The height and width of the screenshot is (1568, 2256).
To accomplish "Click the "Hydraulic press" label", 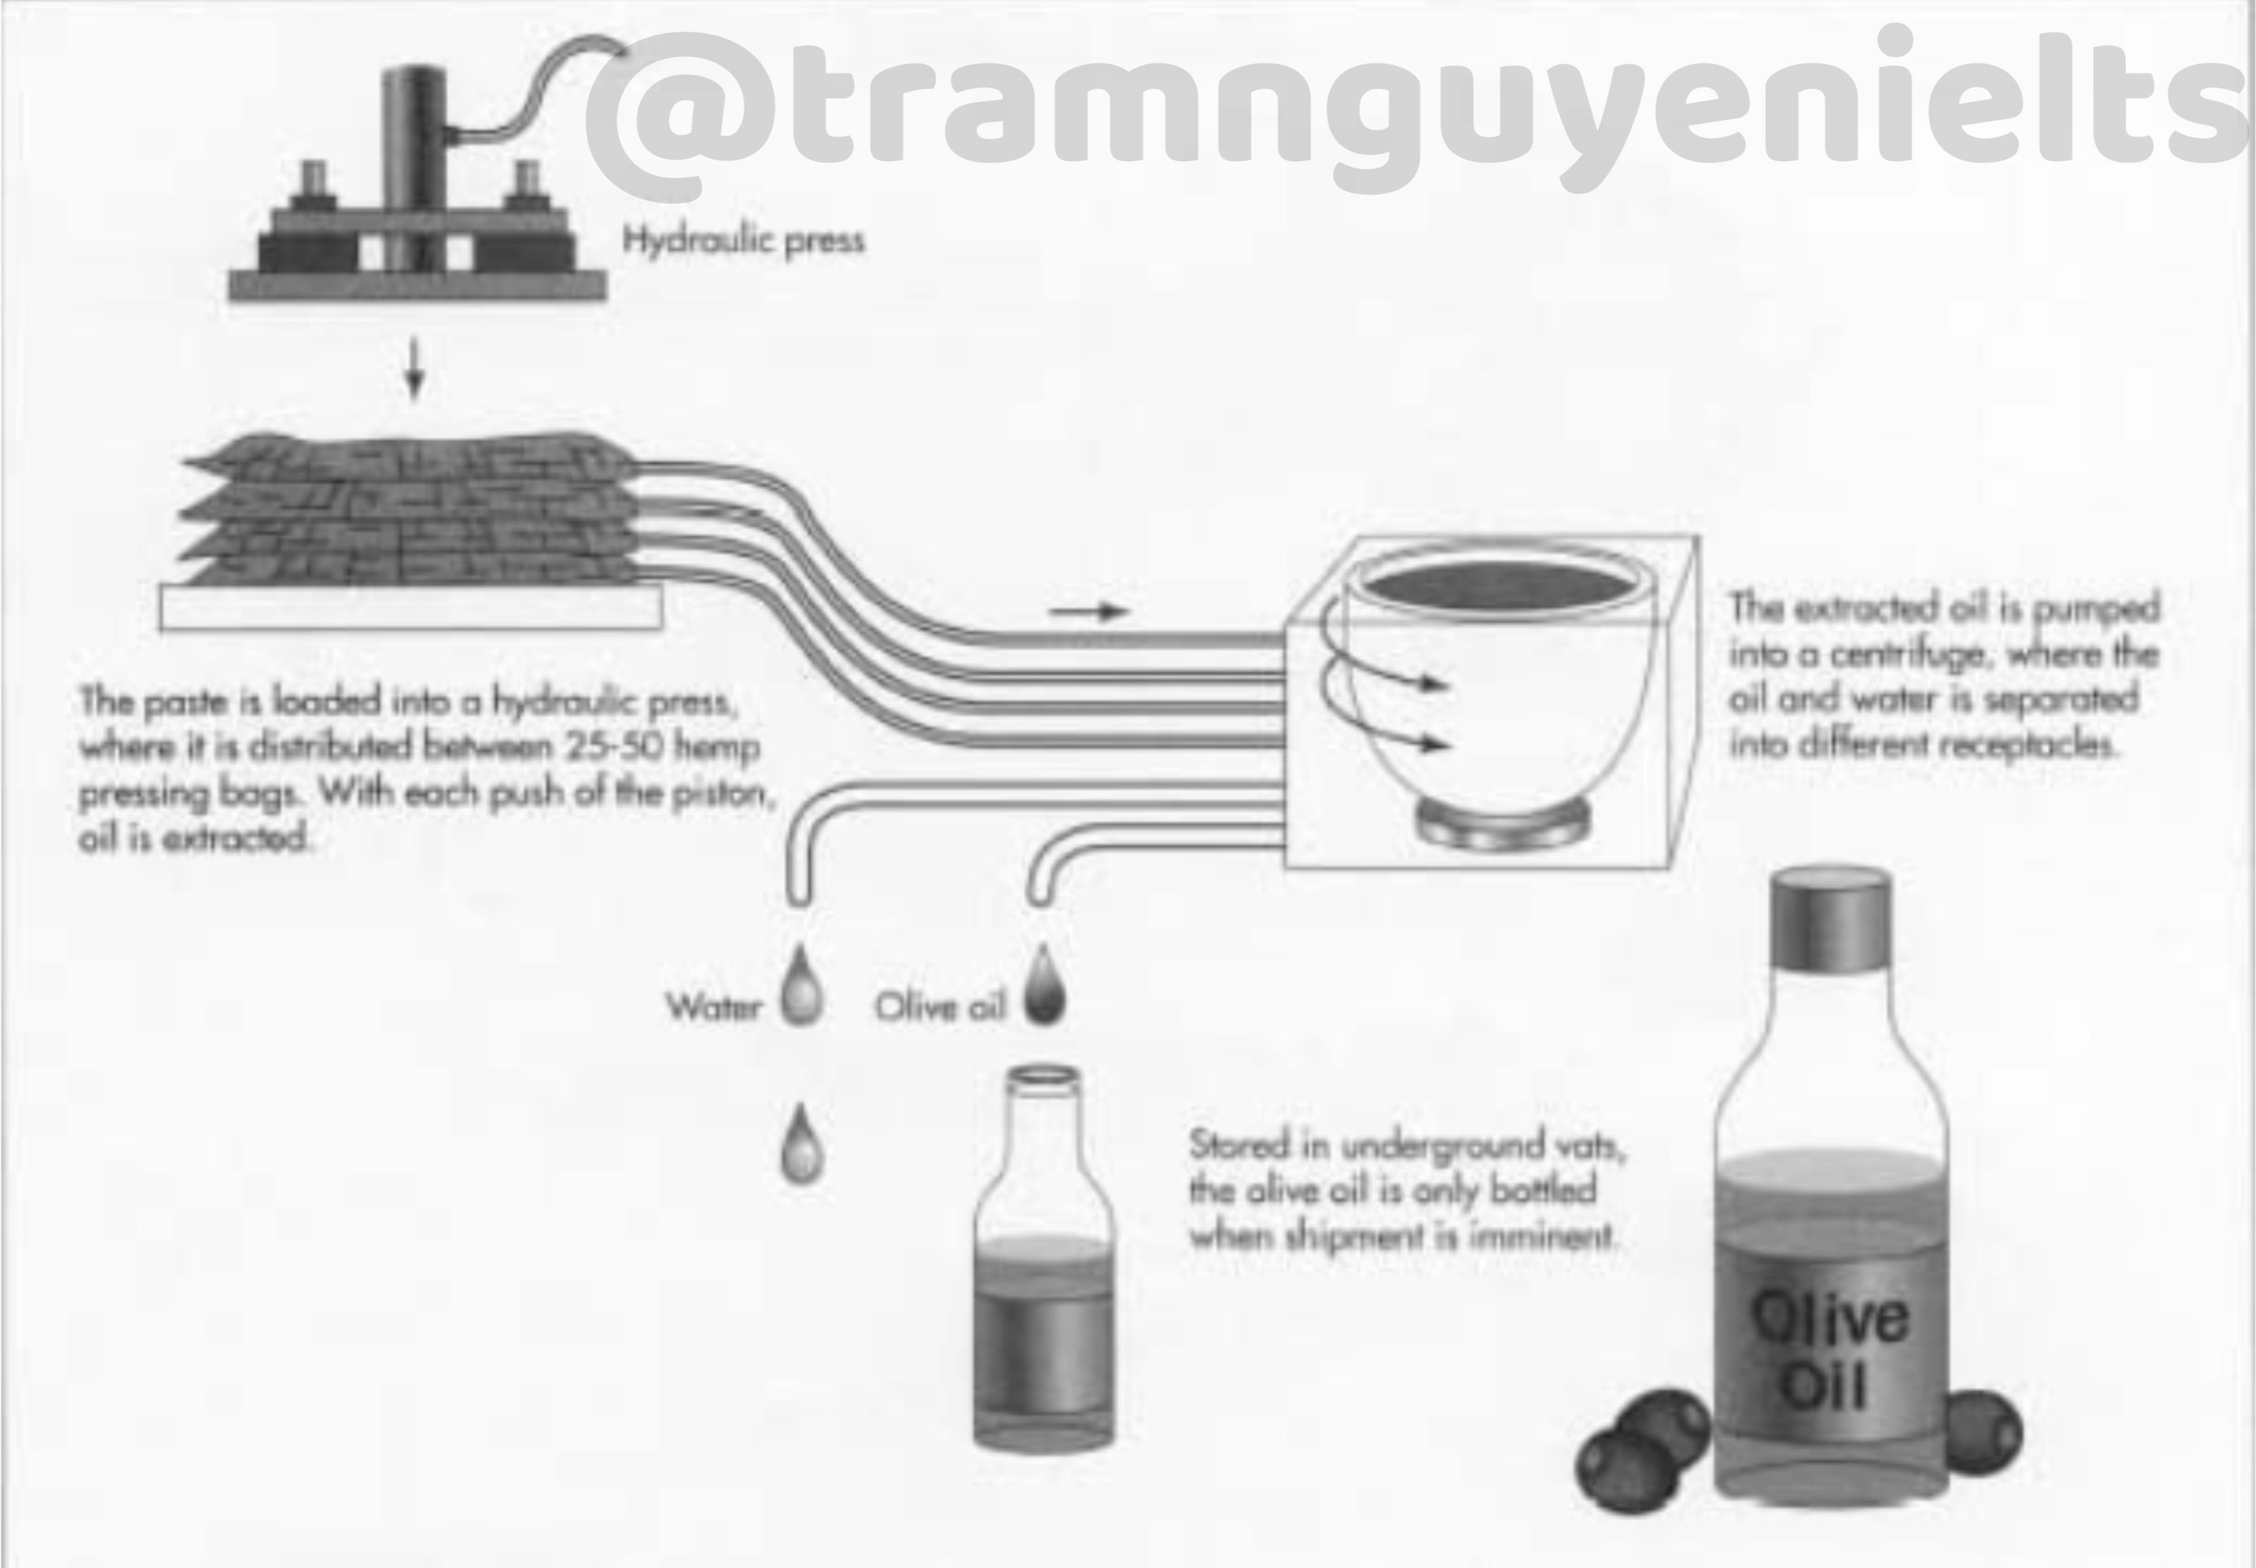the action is [x=744, y=240].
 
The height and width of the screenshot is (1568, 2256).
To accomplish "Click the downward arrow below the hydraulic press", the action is [x=414, y=370].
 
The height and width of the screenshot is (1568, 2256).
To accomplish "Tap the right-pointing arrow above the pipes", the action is [x=1090, y=612].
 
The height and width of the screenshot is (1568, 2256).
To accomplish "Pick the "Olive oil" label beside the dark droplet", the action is [x=940, y=1007].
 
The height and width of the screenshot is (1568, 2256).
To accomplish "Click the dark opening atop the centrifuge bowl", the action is [x=1500, y=586].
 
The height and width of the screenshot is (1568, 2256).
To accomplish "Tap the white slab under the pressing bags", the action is [x=411, y=608].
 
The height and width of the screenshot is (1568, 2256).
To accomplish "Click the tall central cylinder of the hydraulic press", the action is [x=414, y=167].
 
